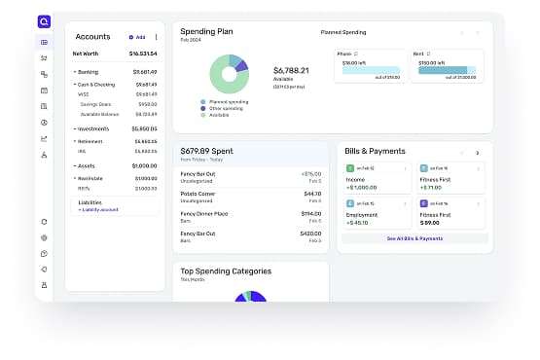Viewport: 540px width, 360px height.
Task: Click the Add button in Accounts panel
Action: (x=137, y=37)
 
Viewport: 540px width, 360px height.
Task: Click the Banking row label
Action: (x=89, y=71)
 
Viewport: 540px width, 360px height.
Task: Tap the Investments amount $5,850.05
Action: (x=144, y=128)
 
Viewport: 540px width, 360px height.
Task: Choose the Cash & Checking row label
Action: (x=94, y=85)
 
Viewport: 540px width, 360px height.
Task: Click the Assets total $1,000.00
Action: (x=144, y=165)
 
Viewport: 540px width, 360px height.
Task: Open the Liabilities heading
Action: (x=90, y=202)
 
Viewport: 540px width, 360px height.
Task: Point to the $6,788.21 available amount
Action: (x=292, y=71)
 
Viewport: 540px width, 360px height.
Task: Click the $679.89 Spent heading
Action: (x=208, y=151)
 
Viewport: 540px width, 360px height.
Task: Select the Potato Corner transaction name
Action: (x=199, y=194)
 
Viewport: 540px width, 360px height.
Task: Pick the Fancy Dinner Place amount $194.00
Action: (x=311, y=213)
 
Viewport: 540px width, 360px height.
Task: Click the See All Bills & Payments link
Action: (x=414, y=238)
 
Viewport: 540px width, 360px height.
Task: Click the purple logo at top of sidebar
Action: (x=45, y=20)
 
